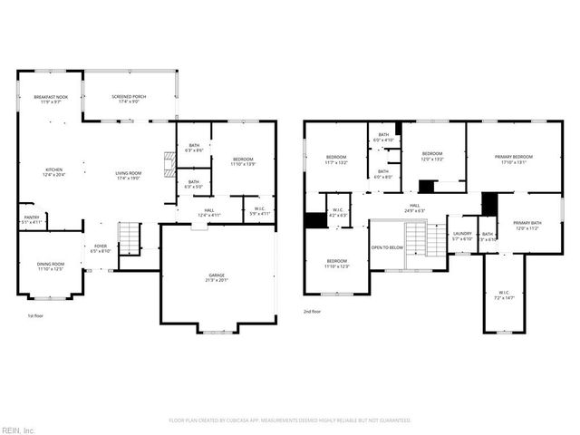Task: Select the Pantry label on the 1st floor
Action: pos(31,219)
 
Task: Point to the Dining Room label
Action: pos(50,266)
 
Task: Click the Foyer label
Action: pos(100,248)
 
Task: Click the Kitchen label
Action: pos(54,172)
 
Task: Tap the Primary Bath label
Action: pos(527,226)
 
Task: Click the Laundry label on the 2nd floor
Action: pos(462,236)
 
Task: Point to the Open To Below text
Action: pos(387,247)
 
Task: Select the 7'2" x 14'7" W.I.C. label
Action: pos(504,295)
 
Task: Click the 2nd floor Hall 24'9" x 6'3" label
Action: pos(414,208)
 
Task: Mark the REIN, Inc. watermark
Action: pos(17,429)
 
